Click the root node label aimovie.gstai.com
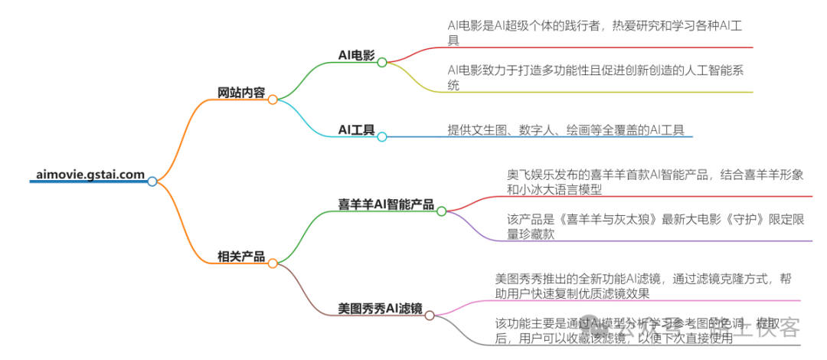90,174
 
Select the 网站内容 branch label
241,93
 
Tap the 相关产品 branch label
241,257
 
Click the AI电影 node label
356,54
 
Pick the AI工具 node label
356,130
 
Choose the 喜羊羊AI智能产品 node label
386,205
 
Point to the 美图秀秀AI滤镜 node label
380,309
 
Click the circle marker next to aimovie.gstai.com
152,182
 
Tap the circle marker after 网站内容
273,100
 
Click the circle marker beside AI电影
382,62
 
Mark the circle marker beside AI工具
382,137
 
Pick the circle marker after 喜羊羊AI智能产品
441,211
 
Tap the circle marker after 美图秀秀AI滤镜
430,315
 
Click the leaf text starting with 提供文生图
566,129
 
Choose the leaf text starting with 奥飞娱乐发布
655,182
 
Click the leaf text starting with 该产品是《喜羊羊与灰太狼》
655,227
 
